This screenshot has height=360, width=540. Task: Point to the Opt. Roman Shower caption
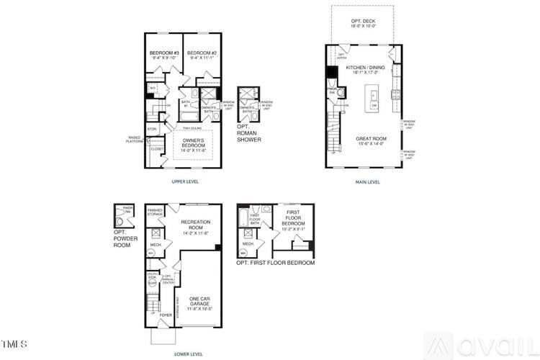pos(249,133)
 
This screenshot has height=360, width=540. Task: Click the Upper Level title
pos(185,181)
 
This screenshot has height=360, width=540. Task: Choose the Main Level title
pos(367,181)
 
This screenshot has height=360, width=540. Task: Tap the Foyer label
pos(165,315)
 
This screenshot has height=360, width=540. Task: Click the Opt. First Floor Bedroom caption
pos(276,263)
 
